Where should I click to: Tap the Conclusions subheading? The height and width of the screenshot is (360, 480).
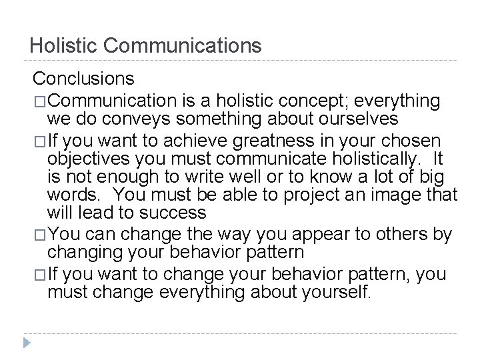coord(84,79)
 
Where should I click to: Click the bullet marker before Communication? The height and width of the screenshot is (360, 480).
coord(40,101)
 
